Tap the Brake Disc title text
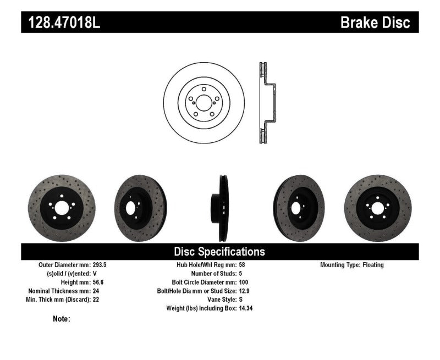[x=375, y=23]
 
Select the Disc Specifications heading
[x=219, y=252]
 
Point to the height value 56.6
[x=95, y=282]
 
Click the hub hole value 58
[x=243, y=265]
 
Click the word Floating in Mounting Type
[x=373, y=265]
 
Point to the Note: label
[x=62, y=319]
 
